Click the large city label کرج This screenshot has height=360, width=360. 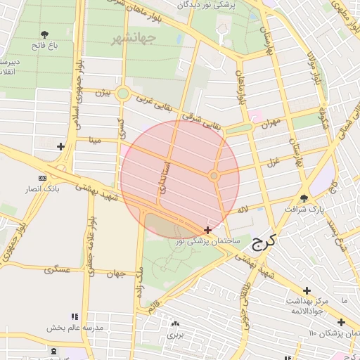click(264, 244)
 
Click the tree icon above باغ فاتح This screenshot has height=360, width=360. click(45, 34)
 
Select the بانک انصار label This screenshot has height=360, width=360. click(53, 189)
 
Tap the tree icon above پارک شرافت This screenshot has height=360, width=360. click(304, 199)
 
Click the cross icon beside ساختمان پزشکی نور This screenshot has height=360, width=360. click(207, 230)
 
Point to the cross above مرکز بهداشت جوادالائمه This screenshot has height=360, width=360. click(307, 290)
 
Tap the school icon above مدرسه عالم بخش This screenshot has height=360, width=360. click(75, 316)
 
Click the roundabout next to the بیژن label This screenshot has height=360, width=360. click(123, 94)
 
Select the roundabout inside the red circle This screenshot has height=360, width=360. click(214, 175)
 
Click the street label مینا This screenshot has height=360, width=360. click(96, 140)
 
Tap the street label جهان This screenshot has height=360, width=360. click(117, 274)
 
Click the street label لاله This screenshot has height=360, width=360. click(243, 209)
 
